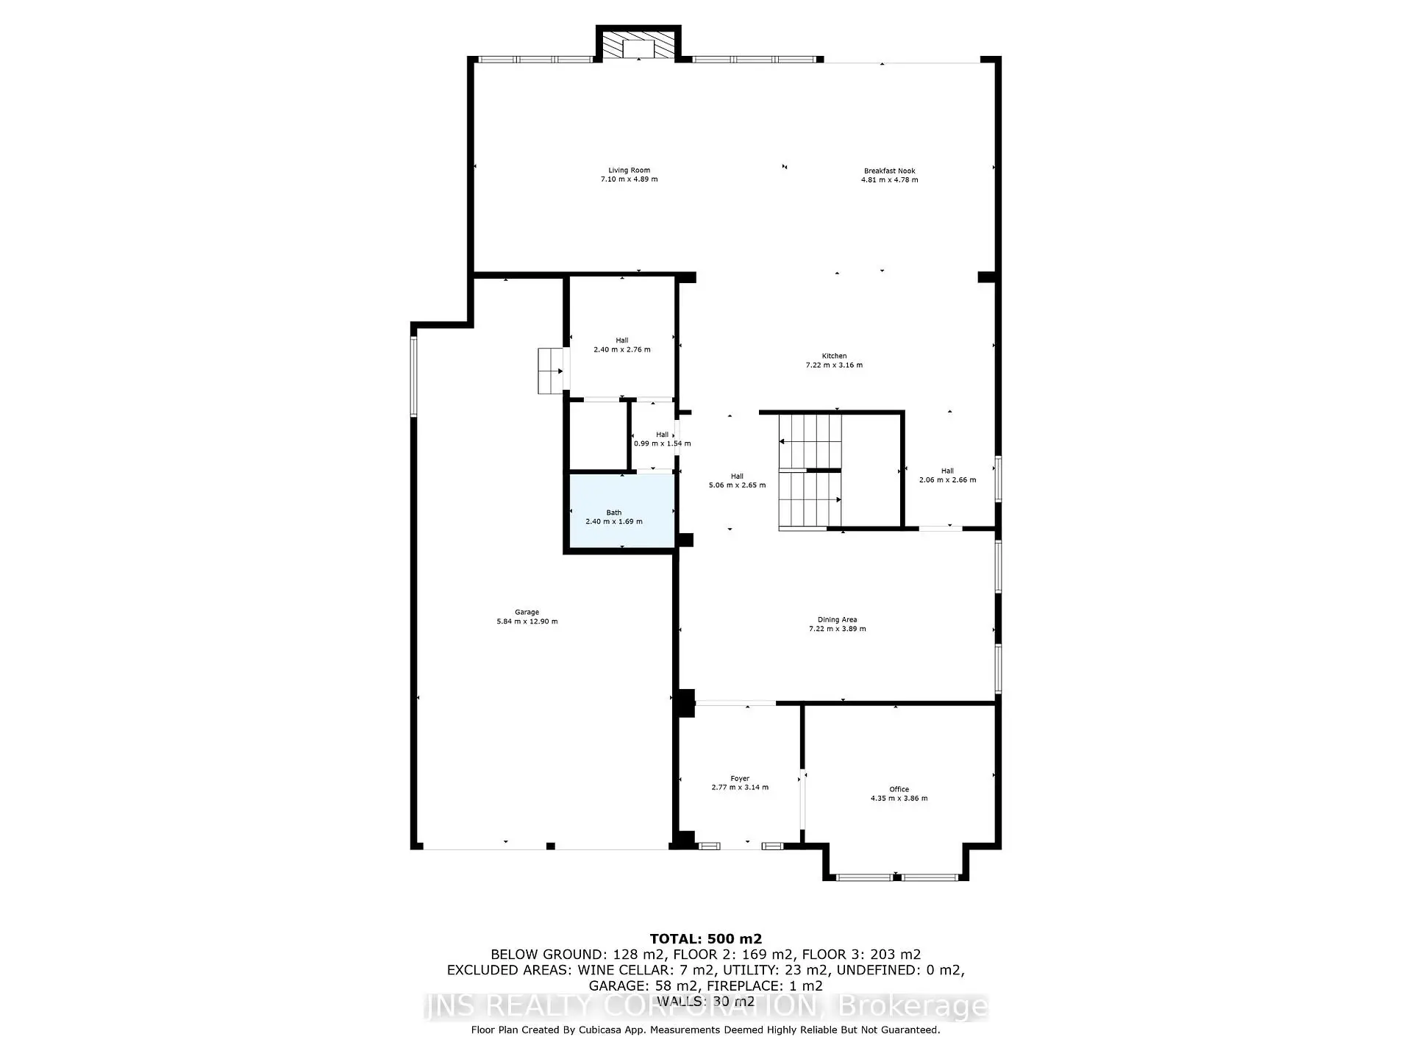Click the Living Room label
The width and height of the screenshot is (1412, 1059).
[629, 170]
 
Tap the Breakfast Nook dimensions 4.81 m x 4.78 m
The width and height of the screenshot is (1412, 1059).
[889, 179]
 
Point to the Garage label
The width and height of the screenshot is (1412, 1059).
[527, 612]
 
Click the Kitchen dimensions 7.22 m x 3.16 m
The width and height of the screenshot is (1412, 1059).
[834, 365]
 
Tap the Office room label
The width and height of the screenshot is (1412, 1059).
[899, 789]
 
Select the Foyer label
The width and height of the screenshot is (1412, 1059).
[740, 778]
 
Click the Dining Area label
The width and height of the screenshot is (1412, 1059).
[837, 619]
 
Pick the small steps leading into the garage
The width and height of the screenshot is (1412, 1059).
[552, 371]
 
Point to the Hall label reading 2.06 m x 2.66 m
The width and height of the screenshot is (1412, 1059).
[947, 475]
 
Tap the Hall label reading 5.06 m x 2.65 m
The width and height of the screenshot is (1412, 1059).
[737, 480]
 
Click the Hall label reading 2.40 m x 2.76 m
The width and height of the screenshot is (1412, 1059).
[622, 345]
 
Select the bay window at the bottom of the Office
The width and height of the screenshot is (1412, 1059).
[896, 877]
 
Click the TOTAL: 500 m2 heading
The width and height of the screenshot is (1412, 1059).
[706, 938]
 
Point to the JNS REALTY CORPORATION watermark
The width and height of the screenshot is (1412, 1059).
[706, 1006]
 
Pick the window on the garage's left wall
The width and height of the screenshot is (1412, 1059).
[414, 376]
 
